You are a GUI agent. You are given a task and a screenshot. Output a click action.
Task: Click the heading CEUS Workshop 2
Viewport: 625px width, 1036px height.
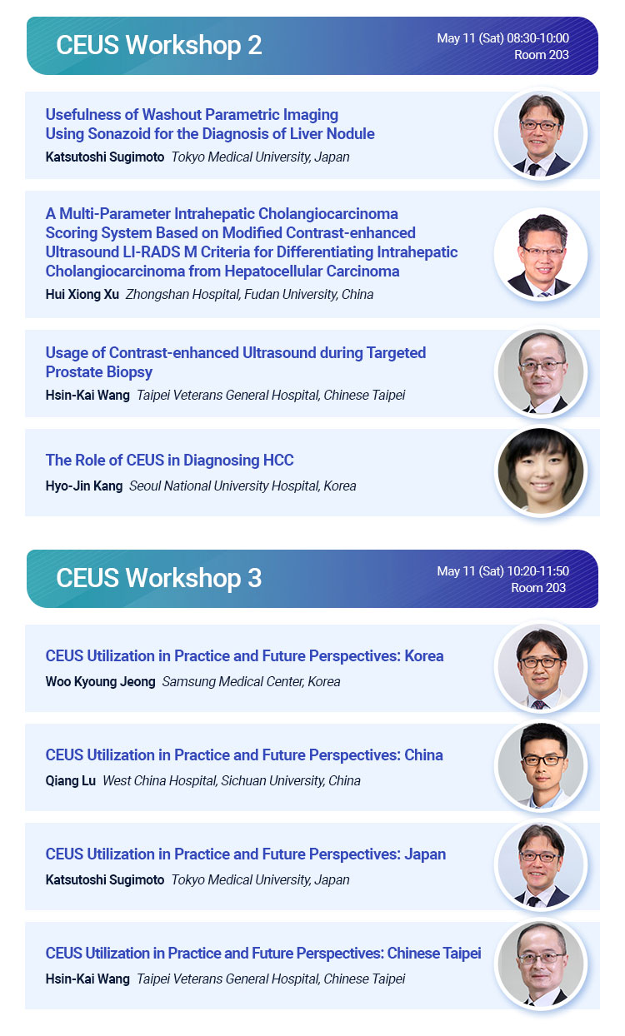point(159,45)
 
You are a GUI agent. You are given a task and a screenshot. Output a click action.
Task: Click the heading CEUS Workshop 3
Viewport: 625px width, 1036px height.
point(159,578)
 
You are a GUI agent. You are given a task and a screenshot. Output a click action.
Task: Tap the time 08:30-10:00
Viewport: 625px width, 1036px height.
point(538,38)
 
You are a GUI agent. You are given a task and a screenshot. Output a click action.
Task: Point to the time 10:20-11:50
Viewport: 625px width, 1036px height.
point(538,570)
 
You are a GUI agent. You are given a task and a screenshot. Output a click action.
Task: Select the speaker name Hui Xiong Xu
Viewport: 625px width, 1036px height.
point(82,294)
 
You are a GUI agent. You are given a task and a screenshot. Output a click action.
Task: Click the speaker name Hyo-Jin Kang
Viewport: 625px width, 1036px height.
point(84,486)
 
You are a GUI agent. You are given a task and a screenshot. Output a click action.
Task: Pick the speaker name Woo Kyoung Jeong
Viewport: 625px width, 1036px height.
point(101,682)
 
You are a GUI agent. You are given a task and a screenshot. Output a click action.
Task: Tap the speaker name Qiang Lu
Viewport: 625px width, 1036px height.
point(70,780)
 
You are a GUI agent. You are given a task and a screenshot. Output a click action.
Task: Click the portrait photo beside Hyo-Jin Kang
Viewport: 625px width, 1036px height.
point(541,471)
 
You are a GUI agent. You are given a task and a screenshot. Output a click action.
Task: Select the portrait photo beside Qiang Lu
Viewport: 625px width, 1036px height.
point(541,766)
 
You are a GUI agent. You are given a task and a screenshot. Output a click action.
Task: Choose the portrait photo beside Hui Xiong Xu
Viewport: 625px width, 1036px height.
point(541,254)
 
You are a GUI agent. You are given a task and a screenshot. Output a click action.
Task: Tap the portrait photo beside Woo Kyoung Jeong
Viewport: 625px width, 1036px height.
point(541,667)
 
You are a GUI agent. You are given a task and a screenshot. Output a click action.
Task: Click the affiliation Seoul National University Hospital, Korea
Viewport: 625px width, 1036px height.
point(242,486)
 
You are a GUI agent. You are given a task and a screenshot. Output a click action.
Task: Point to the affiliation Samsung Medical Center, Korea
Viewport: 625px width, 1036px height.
point(251,682)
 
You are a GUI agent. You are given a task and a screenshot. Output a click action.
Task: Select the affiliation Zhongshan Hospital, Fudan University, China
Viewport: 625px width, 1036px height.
point(249,294)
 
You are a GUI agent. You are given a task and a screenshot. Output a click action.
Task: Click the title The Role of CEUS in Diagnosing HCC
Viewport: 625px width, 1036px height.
point(169,461)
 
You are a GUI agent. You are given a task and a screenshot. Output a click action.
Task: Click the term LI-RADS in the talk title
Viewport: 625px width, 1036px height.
point(151,252)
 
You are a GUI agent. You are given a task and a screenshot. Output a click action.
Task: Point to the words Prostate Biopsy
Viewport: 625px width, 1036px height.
point(99,372)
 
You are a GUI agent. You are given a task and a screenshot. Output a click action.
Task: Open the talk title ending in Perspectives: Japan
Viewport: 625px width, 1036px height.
point(245,854)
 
